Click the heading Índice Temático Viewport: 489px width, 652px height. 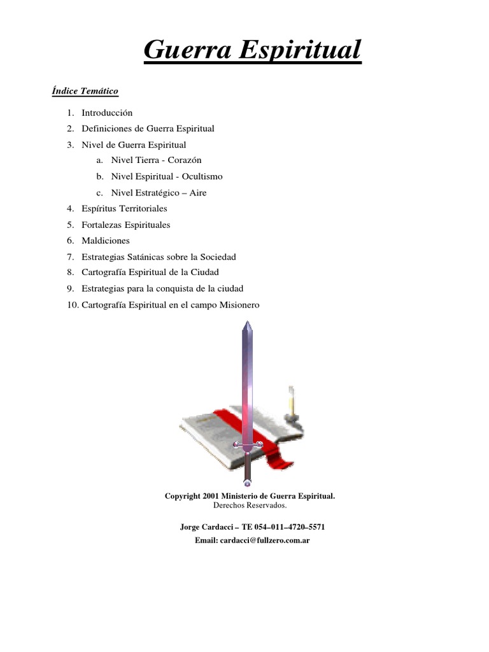tap(85, 91)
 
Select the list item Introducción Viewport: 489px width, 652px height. tap(107, 113)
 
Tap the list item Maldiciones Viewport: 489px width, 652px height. tap(106, 241)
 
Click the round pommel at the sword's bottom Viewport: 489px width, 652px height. tap(247, 484)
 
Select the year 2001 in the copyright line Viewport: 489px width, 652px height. tap(211, 495)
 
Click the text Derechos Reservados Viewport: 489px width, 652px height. tap(250, 505)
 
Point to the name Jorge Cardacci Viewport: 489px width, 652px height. tap(206, 527)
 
